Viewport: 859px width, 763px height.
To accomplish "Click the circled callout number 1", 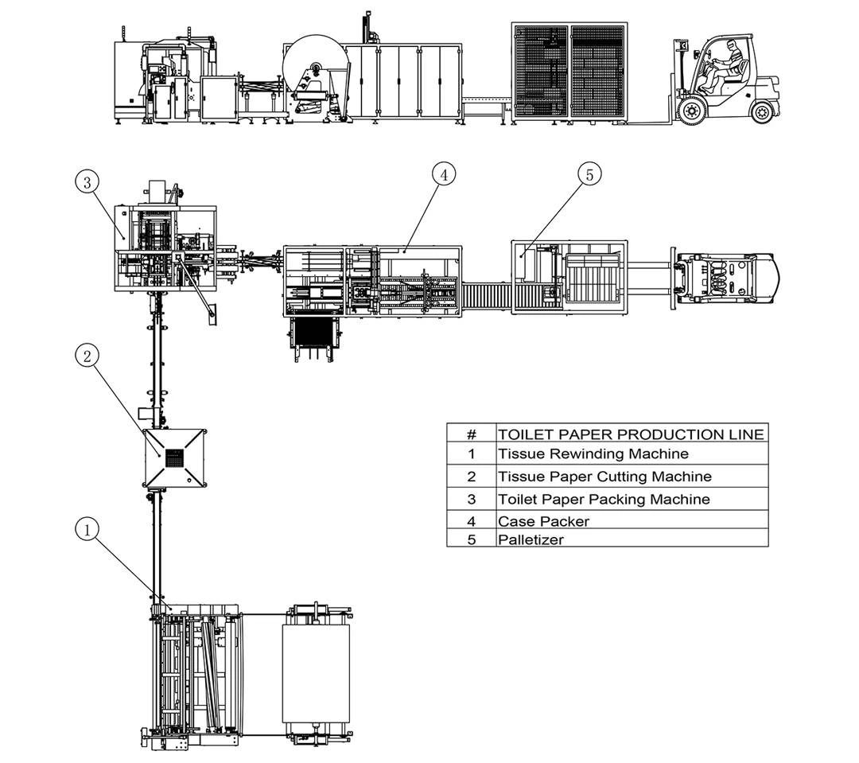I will (87, 528).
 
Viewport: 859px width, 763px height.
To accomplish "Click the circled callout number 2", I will (87, 357).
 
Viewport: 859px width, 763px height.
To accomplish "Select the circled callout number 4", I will (444, 174).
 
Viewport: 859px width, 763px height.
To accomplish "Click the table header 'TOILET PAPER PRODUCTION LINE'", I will (631, 434).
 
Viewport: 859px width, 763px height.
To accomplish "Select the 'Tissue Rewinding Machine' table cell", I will (593, 454).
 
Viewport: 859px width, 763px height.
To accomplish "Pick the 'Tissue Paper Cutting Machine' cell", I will (604, 477).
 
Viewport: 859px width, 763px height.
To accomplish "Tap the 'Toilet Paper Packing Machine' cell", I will (604, 500).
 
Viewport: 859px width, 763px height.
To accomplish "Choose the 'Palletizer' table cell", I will (531, 539).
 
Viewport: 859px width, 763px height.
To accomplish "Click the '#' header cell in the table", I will (471, 434).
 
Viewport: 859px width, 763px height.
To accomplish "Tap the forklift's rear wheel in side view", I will (764, 110).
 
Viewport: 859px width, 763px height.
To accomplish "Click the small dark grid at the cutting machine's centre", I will (174, 457).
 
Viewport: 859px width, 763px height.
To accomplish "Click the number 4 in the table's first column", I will (471, 522).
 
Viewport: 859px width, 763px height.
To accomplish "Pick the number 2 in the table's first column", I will (471, 477).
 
